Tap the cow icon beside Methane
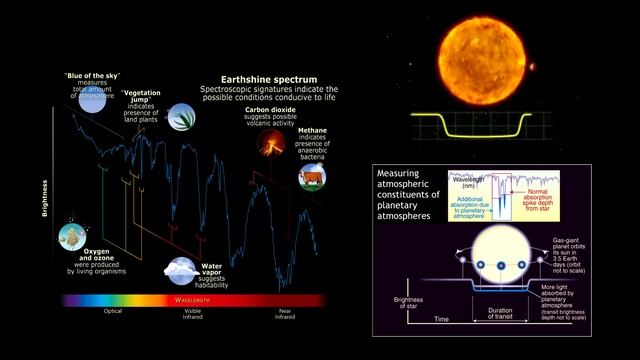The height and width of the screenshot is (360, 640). pos(312,177)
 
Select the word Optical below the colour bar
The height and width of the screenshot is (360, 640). pos(113,311)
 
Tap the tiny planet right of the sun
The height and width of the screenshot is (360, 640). pos(530,68)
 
